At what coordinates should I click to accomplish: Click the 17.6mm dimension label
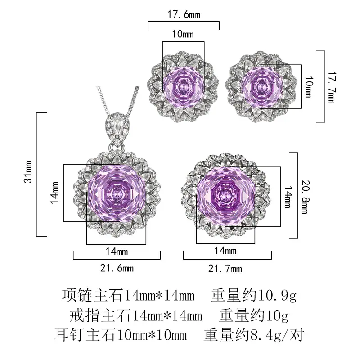pyautogui.click(x=184, y=14)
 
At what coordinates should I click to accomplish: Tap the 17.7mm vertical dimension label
pyautogui.click(x=331, y=87)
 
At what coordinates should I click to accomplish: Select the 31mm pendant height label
pyautogui.click(x=28, y=172)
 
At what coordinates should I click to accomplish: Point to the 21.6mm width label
pyautogui.click(x=117, y=268)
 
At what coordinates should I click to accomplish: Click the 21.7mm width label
pyautogui.click(x=225, y=268)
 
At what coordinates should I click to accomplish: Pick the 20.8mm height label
pyautogui.click(x=306, y=197)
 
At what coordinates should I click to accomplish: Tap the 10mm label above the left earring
pyautogui.click(x=183, y=34)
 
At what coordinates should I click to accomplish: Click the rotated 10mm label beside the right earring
pyautogui.click(x=309, y=87)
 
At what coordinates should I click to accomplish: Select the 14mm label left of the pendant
pyautogui.click(x=54, y=193)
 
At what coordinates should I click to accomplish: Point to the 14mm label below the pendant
pyautogui.click(x=117, y=252)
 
